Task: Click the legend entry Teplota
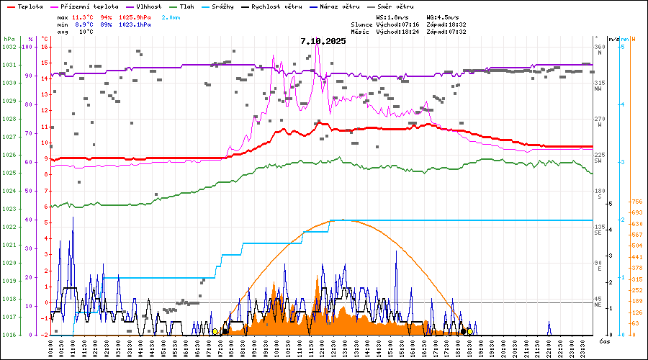(30, 6)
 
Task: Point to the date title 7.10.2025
(323, 41)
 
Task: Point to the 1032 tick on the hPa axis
(9, 47)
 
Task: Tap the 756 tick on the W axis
(636, 202)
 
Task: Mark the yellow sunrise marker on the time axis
(215, 331)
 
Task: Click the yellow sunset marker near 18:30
(469, 331)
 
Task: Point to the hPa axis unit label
(9, 38)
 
